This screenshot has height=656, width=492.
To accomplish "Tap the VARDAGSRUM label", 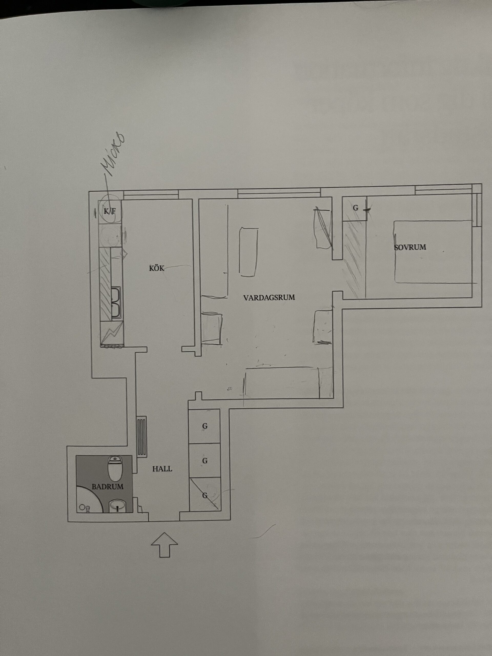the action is pos(269,298).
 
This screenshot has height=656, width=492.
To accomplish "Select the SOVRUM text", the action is pos(410,247).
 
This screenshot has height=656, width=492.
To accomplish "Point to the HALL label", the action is pos(162,469).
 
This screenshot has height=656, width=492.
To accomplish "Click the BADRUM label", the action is pos(107,487).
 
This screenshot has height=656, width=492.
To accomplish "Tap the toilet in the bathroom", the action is pos(115,468).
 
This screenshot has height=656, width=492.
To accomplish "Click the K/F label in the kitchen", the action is pos(109,211).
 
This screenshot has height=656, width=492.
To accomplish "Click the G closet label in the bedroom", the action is pos(356,208).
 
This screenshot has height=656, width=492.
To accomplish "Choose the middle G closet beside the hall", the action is pos(205,460).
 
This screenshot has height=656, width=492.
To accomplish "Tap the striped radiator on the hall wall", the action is pos(142,437).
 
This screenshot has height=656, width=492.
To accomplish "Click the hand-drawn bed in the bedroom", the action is pos(433,251).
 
